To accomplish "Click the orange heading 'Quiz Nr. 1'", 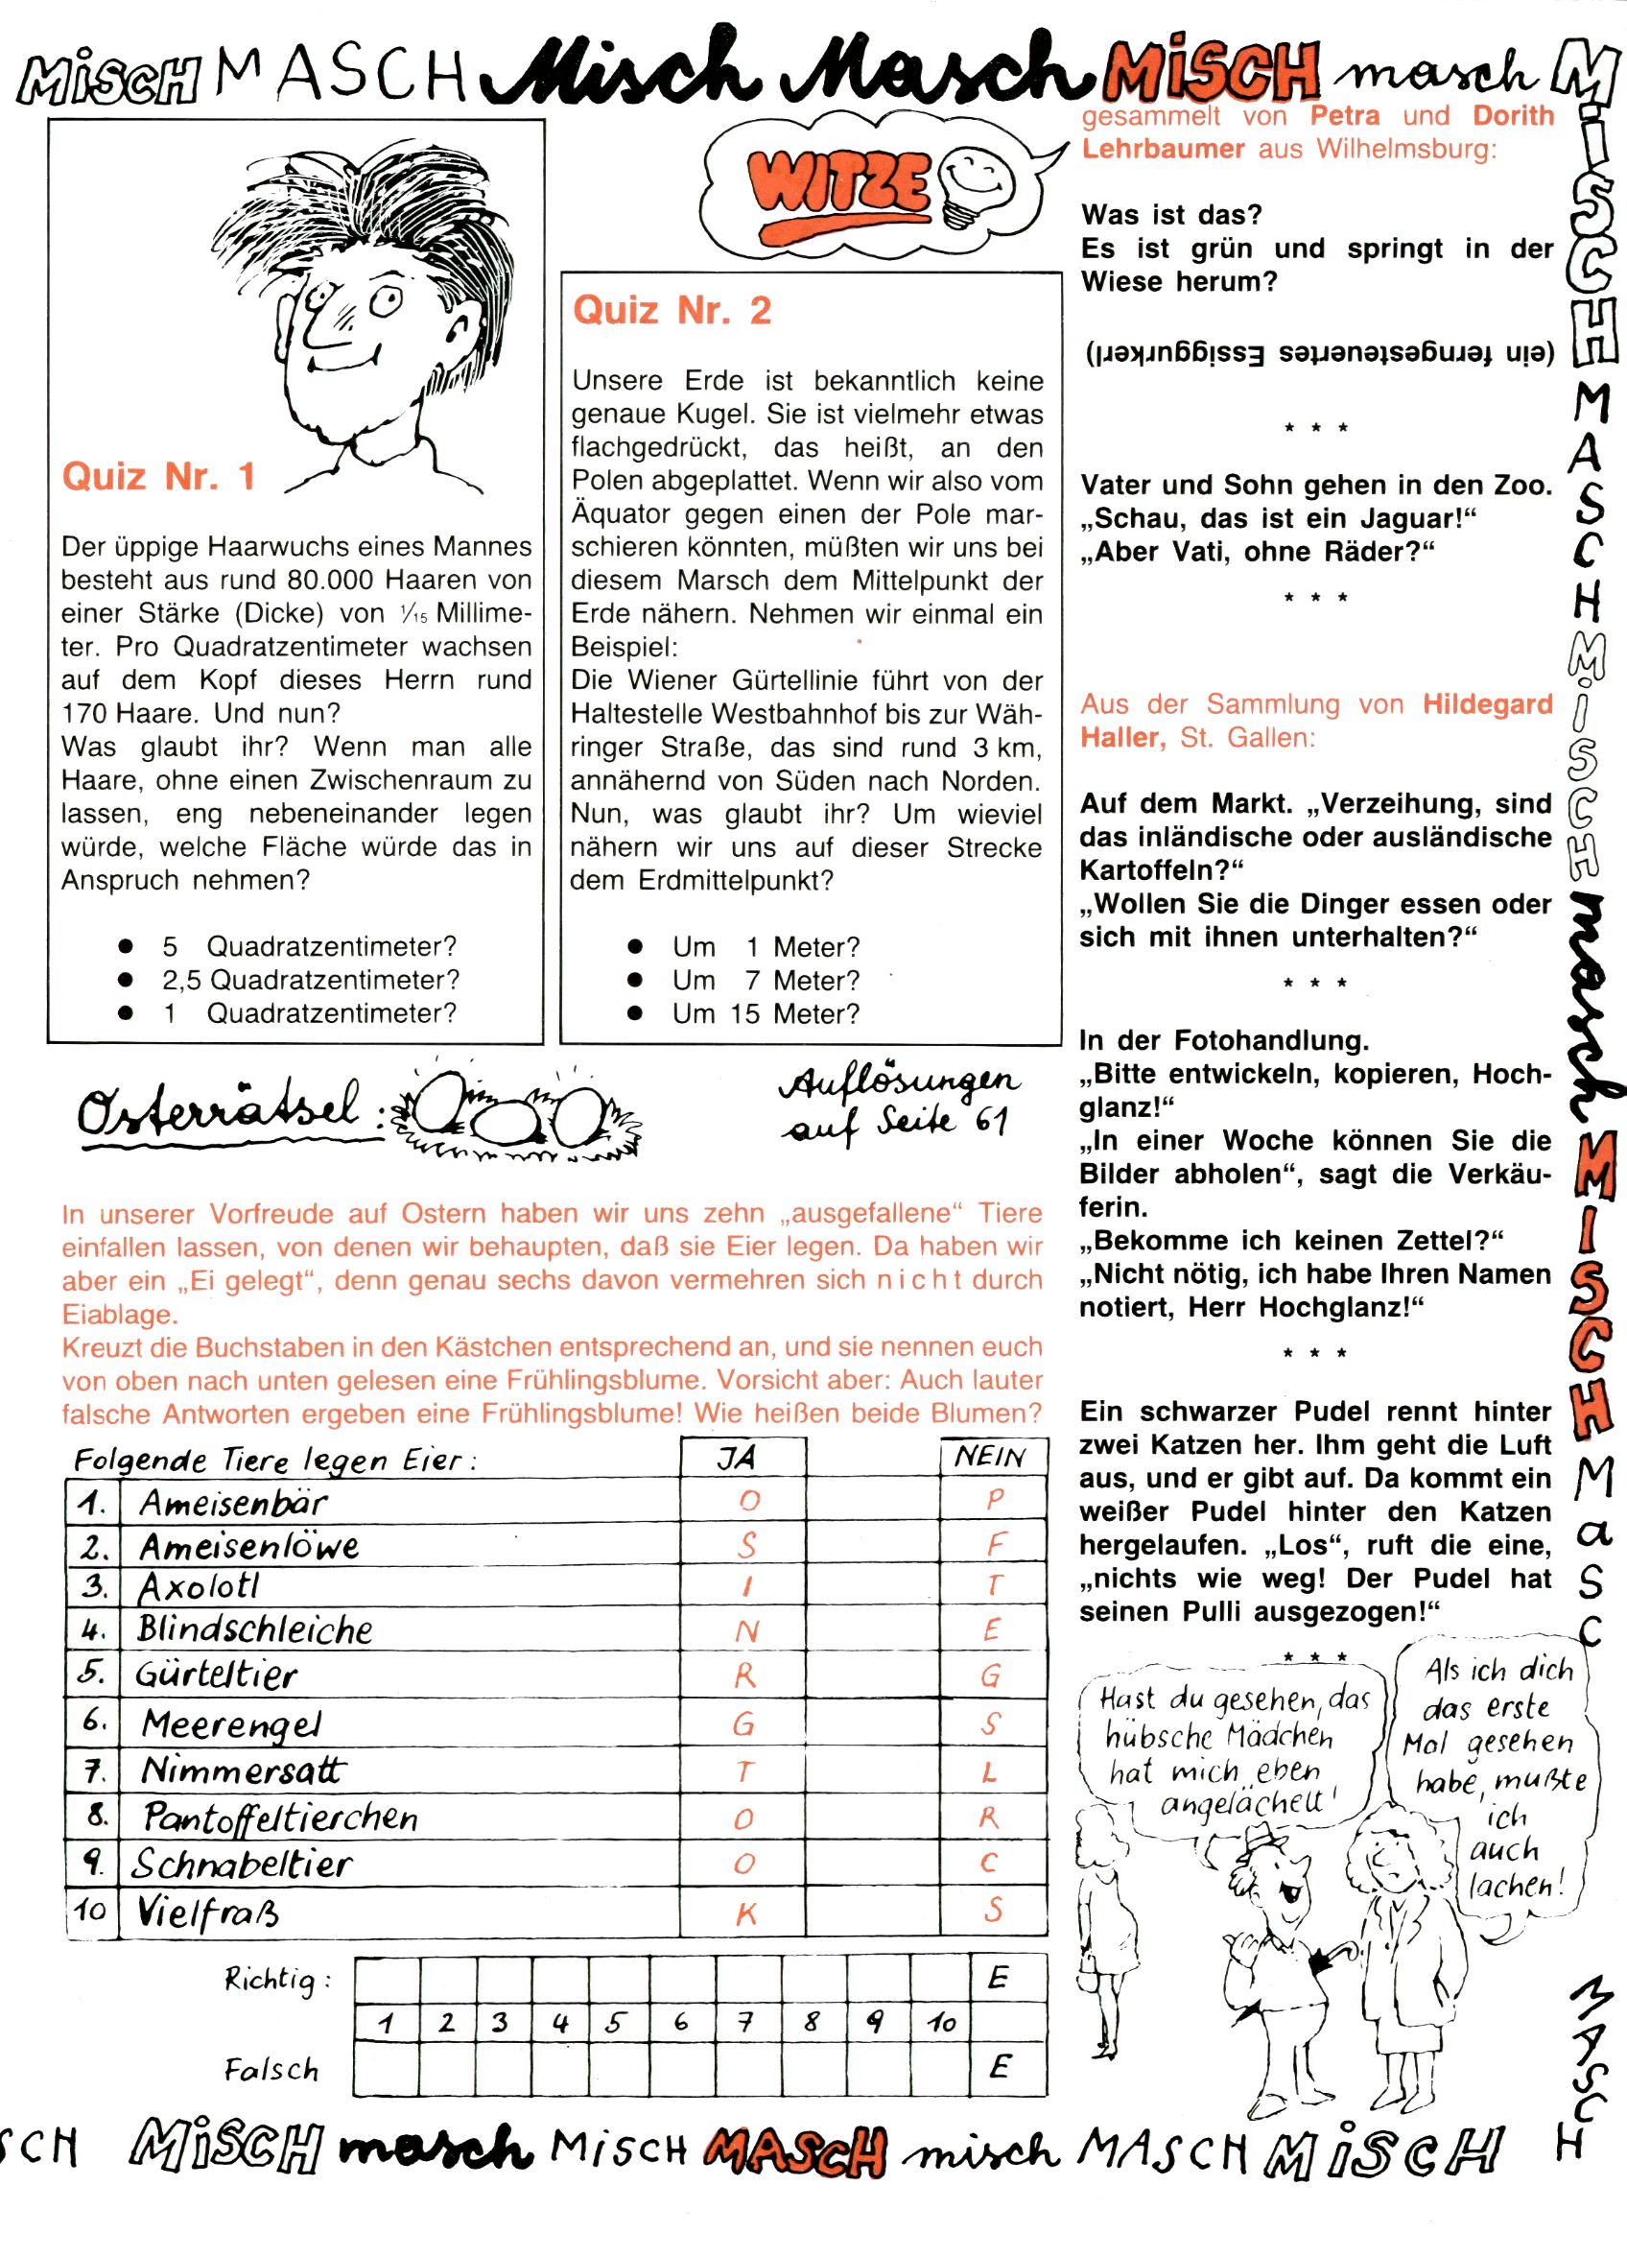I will (x=159, y=477).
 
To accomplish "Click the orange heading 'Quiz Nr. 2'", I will (x=672, y=311).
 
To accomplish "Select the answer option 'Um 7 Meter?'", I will (x=766, y=980).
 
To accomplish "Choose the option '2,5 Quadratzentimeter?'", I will (x=311, y=980).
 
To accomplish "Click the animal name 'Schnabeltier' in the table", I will (x=242, y=1864).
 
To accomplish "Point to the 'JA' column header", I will (x=738, y=1457).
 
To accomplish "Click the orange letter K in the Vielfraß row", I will (x=746, y=1912).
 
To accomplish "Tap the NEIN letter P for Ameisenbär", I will (x=994, y=1501).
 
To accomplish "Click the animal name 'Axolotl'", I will (x=199, y=1586).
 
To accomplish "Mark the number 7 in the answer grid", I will (x=744, y=2021).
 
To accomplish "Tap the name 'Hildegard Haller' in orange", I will (x=1317, y=721).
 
